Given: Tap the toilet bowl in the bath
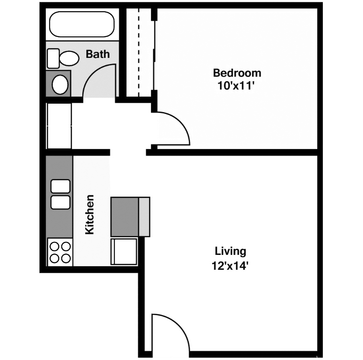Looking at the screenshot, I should point(70,58).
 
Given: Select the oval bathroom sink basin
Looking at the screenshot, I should point(60,85).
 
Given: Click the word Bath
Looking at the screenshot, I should point(98,54).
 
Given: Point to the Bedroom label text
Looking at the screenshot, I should point(237,73).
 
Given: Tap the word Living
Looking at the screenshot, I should point(230,251).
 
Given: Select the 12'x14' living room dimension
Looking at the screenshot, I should point(230,267).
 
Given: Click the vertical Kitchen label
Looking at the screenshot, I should point(90,214).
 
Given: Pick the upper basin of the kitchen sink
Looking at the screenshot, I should point(60,186).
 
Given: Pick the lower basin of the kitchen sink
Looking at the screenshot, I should point(60,202).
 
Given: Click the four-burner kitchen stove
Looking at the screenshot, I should point(60,252).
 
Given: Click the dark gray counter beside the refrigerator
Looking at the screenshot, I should point(125,216).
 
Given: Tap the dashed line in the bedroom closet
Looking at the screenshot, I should point(139,51).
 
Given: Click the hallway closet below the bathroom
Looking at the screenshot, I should point(59,125).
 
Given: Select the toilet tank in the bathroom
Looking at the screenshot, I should point(53,58).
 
